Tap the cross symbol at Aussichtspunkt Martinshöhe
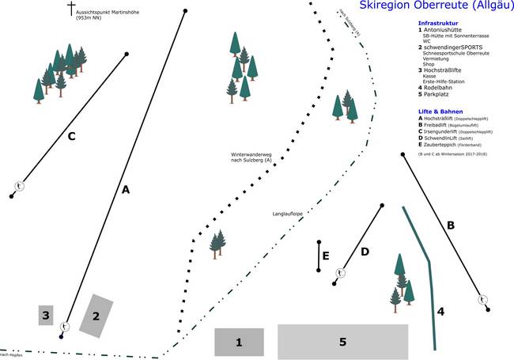point(71,9)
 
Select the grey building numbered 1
point(238,342)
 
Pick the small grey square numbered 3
point(46,316)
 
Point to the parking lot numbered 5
point(342,342)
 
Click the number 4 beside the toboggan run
point(441,312)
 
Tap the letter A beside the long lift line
point(125,189)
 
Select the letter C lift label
point(70,136)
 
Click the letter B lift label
point(451,225)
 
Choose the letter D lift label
point(365,252)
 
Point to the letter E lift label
point(326,256)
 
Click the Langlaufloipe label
point(289,213)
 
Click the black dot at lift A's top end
point(185,11)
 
